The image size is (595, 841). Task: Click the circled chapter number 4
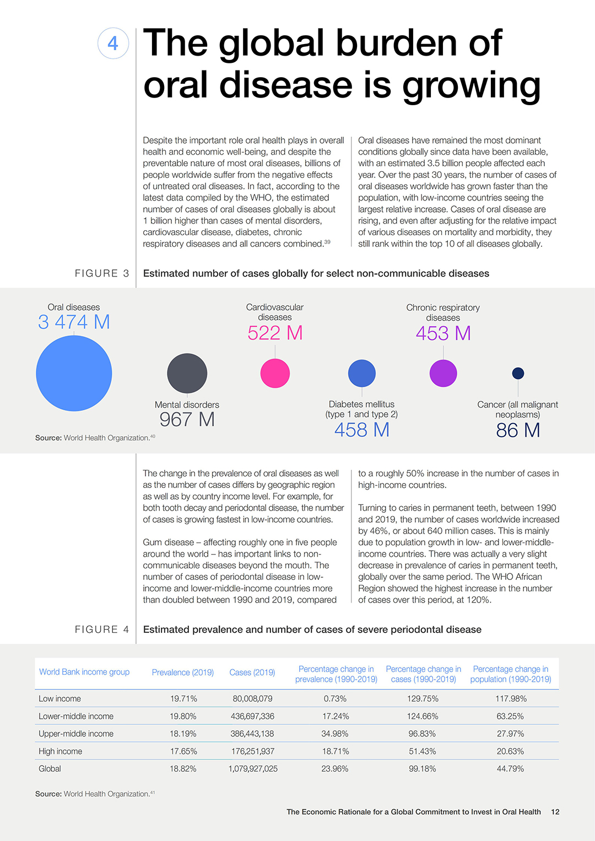coord(113,43)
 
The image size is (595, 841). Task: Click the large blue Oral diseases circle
coord(74,373)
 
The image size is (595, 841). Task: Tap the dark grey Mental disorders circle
coord(187,373)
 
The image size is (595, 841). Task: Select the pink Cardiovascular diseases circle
coord(275,373)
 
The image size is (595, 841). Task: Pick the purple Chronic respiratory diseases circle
coord(443,373)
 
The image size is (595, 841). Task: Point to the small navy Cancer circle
coord(518,373)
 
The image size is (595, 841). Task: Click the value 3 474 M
coord(74,322)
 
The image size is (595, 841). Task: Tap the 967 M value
coord(187,419)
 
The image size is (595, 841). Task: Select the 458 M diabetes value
coord(362,430)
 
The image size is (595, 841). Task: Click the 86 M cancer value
coord(518,430)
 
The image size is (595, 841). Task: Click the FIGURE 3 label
coord(102,273)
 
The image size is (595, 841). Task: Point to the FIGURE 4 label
coord(102,630)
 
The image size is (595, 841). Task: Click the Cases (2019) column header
coord(252,672)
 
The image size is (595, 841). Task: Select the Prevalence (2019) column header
coord(182,672)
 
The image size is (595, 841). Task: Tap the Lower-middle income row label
coord(76,716)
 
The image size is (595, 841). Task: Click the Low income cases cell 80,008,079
coord(252,698)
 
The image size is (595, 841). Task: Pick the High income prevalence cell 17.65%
coord(183,751)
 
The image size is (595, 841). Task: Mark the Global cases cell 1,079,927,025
coord(253,768)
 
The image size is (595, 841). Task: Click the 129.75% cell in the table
coord(423,698)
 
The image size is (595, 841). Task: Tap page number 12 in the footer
coord(555,812)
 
